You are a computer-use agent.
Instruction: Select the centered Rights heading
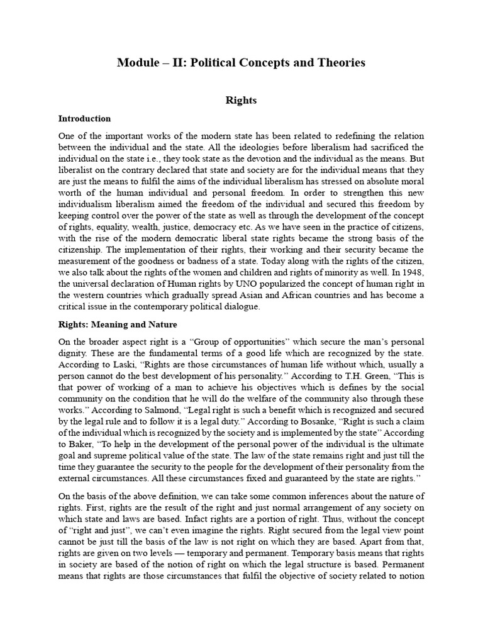(x=241, y=100)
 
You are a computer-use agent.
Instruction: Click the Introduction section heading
(x=84, y=118)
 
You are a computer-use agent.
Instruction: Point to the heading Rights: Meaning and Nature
(x=118, y=325)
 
